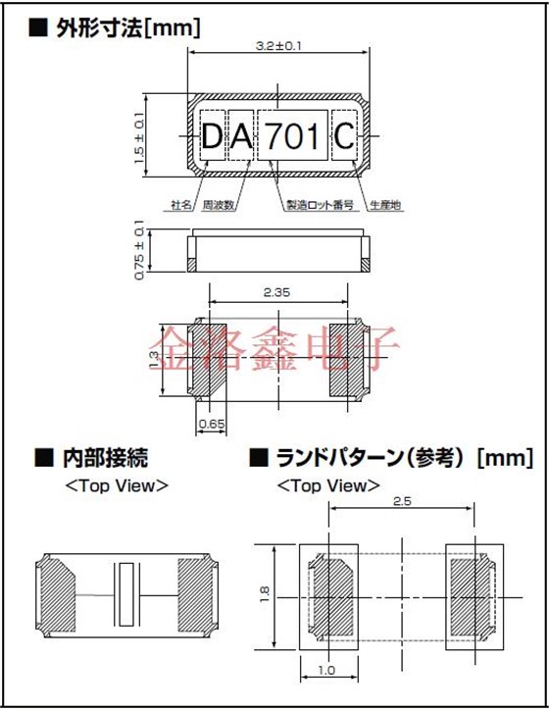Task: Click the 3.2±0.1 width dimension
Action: (277, 46)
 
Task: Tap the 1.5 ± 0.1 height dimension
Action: (138, 135)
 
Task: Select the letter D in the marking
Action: (213, 137)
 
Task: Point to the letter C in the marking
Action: (345, 137)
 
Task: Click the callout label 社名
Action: (181, 205)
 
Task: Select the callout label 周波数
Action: (218, 205)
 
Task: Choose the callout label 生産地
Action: (385, 205)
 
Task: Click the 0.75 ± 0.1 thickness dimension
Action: (138, 252)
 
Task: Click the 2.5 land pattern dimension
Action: (402, 501)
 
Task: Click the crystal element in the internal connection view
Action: (125, 595)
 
